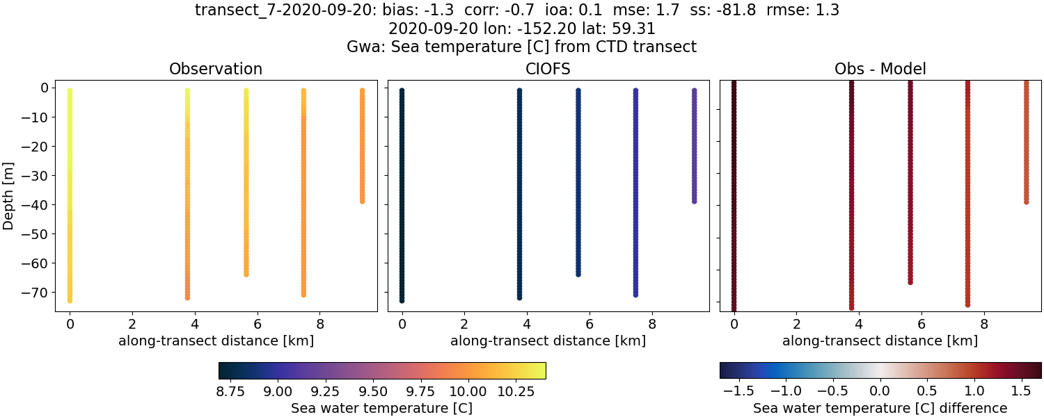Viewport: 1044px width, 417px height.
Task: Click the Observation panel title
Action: (x=216, y=69)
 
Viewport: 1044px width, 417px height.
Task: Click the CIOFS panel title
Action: (x=548, y=69)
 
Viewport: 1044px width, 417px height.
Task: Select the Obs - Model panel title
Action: (x=880, y=69)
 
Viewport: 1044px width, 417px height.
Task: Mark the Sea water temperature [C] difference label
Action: (x=880, y=408)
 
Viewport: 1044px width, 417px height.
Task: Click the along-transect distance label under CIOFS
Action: (x=548, y=341)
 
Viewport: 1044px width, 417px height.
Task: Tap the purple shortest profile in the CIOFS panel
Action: (x=694, y=146)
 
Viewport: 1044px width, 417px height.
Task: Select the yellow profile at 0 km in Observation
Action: (x=70, y=195)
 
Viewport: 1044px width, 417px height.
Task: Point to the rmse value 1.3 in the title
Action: (x=828, y=10)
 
